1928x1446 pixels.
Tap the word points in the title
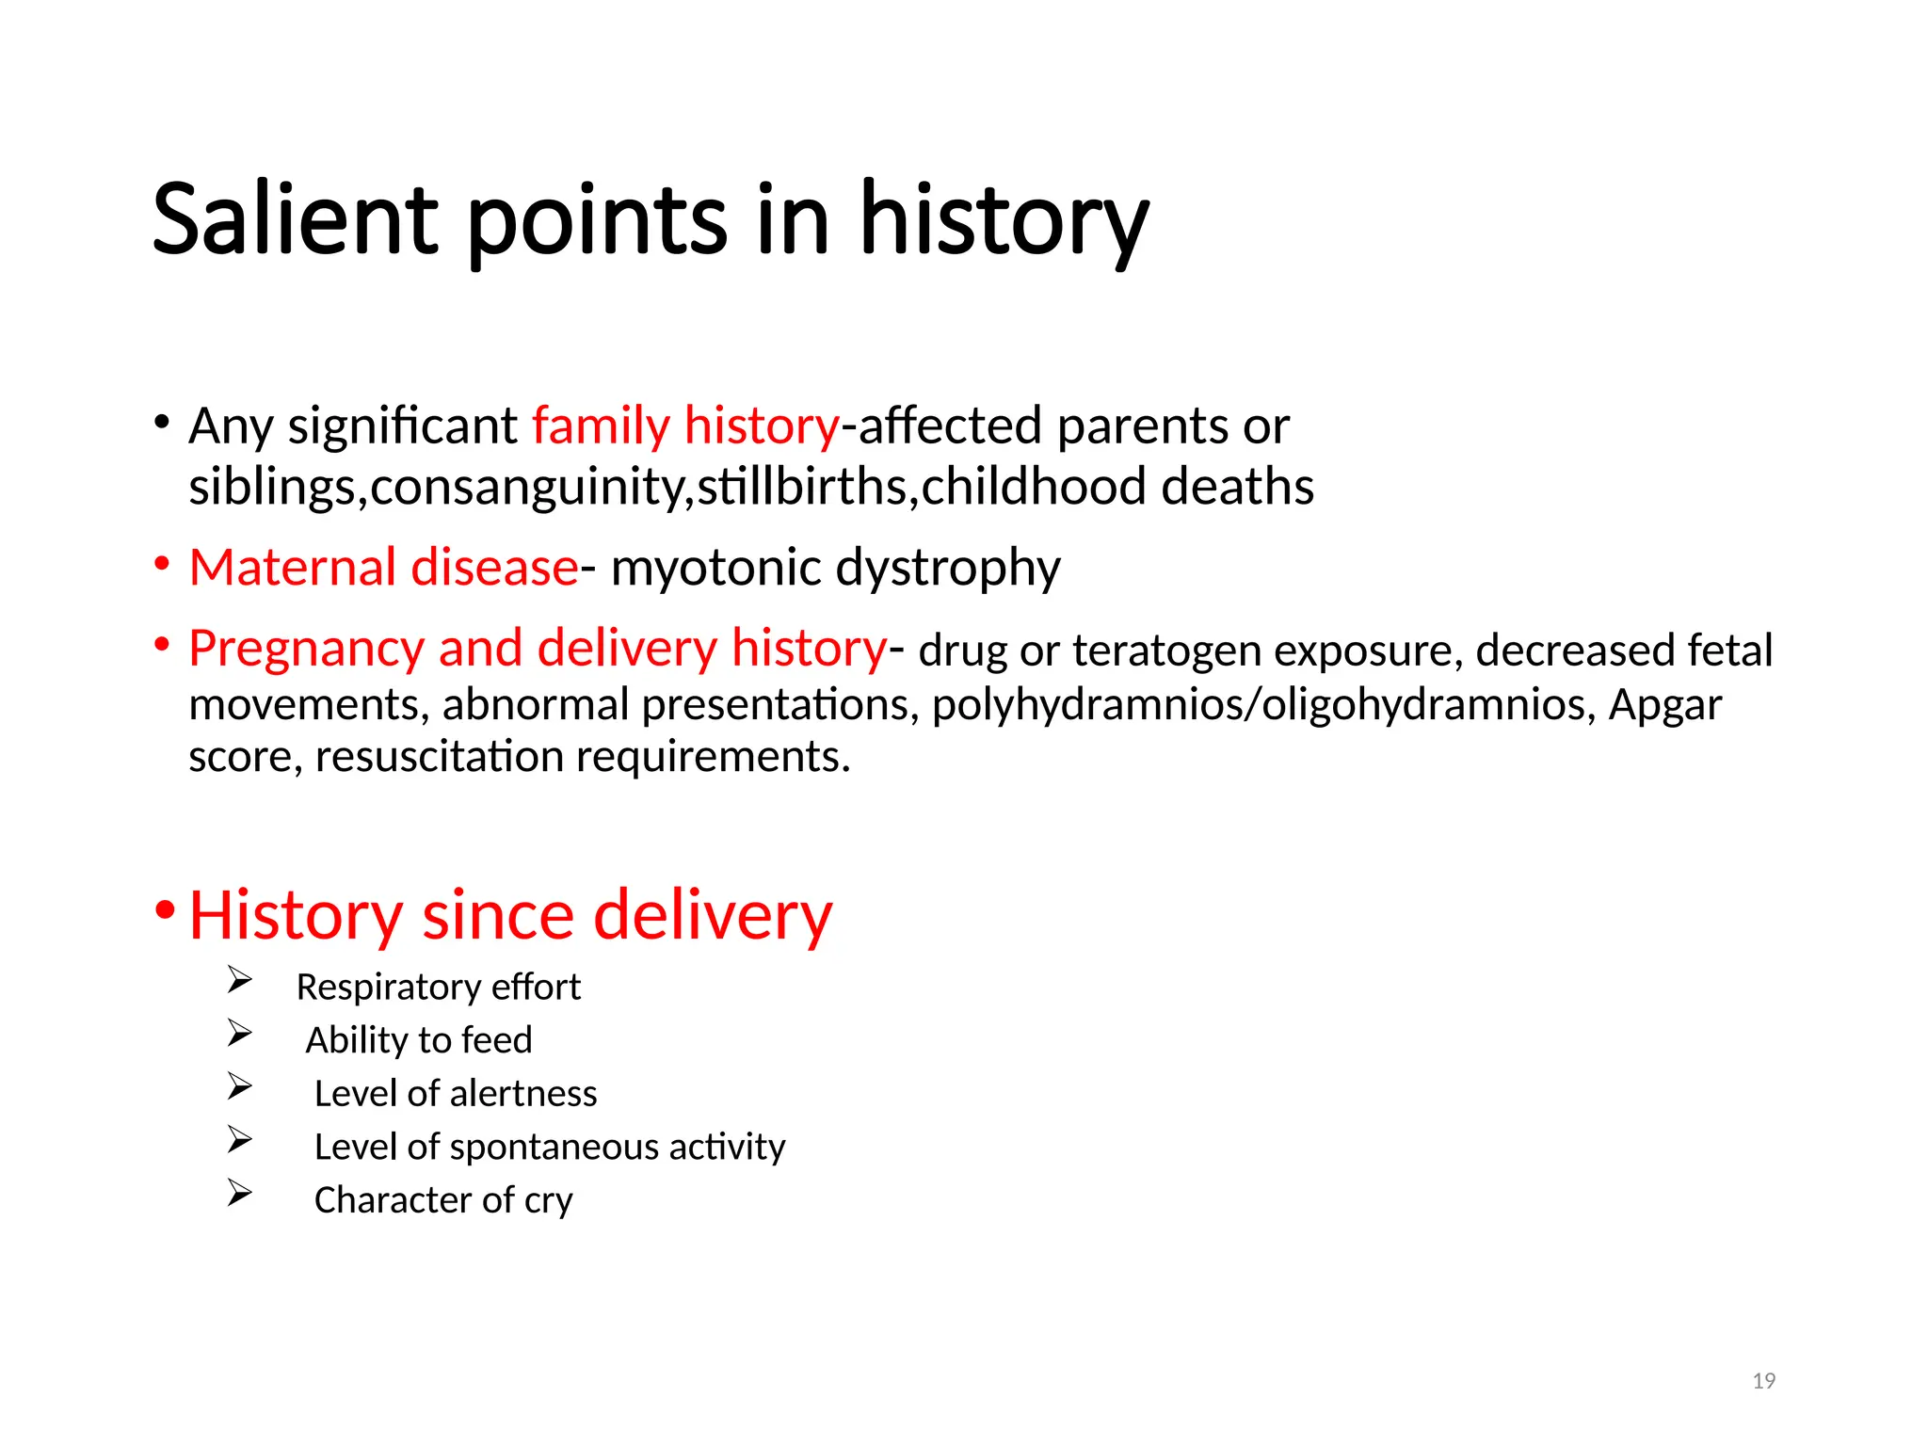[597, 221]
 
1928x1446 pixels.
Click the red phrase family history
[685, 426]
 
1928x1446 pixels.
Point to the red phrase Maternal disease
[383, 568]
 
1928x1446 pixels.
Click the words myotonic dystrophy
[835, 568]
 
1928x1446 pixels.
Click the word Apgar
[1664, 705]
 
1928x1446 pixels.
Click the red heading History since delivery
[510, 915]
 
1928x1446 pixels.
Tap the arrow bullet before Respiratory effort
[239, 981]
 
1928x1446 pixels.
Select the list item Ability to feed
[419, 1040]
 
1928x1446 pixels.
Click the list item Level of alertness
[456, 1094]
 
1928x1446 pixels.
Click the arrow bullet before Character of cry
[239, 1194]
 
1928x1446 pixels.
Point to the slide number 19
[1763, 1381]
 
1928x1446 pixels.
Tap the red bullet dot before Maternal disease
[162, 565]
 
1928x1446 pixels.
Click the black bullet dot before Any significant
[162, 422]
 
